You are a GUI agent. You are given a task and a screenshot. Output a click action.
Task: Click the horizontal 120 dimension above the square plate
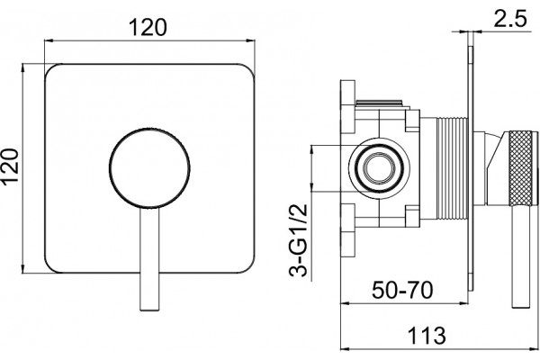[148, 27]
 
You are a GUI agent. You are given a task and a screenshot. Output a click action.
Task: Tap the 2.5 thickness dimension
[510, 19]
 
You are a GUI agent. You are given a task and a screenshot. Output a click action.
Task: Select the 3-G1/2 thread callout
[298, 241]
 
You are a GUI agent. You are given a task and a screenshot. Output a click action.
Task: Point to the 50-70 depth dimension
[402, 290]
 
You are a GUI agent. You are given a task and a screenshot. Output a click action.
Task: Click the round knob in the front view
[149, 168]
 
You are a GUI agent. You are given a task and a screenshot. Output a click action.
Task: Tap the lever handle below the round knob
[149, 259]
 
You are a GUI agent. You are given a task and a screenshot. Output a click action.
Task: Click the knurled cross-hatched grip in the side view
[524, 168]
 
